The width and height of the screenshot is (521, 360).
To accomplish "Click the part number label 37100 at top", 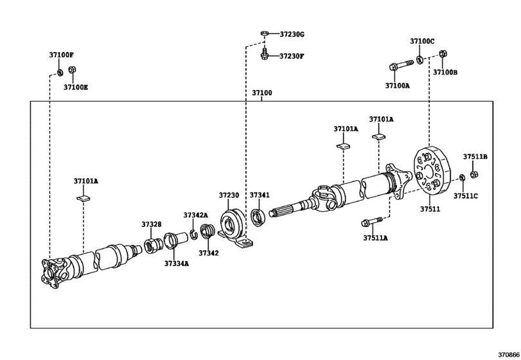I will (x=261, y=93).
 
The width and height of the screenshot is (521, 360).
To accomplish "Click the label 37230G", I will (x=292, y=33).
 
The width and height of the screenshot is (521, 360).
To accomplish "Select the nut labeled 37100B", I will (x=442, y=54).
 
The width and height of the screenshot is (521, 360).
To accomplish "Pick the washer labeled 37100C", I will (x=419, y=60).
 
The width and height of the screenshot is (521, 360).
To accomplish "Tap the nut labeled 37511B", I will (x=473, y=173).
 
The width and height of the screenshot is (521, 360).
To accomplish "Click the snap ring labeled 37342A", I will (x=193, y=232).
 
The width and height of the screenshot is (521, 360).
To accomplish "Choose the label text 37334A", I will (x=176, y=264).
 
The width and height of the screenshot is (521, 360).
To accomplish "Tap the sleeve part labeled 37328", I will (x=153, y=245).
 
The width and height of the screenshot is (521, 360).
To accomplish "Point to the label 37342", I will (x=208, y=253).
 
